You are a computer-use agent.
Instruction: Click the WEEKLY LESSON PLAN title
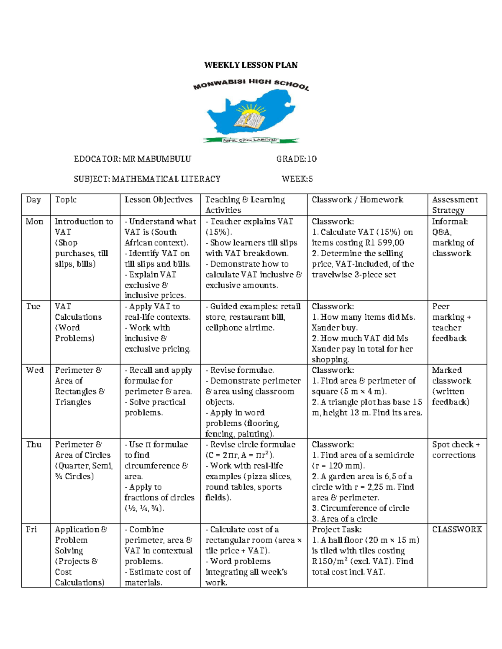tap(251, 65)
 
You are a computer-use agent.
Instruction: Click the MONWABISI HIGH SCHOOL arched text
tap(251, 84)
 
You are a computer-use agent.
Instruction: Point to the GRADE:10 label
tap(296, 159)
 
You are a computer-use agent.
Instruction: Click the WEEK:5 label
tap(297, 179)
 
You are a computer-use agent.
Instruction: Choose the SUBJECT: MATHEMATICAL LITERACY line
tap(147, 179)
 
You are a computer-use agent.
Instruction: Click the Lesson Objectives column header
tap(159, 200)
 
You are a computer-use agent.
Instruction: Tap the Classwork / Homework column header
tap(357, 200)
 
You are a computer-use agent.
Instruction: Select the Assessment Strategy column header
tap(454, 205)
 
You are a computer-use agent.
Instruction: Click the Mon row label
tap(34, 221)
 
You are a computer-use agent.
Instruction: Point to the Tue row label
tap(33, 306)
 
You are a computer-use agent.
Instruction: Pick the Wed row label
tap(34, 370)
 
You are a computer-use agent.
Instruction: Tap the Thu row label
tap(33, 444)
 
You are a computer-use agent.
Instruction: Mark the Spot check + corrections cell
tap(455, 450)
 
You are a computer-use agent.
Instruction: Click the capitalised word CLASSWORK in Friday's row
tap(457, 529)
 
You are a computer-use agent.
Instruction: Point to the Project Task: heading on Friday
tap(336, 529)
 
